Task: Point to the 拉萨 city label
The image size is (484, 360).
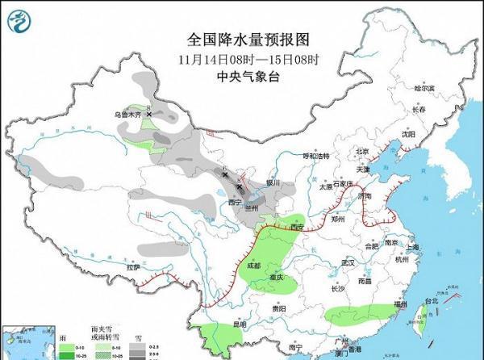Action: pyautogui.click(x=132, y=266)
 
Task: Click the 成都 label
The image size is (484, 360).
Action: pyautogui.click(x=254, y=265)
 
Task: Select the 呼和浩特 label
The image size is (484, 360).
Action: pyautogui.click(x=316, y=155)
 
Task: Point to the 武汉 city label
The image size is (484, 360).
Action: pyautogui.click(x=348, y=263)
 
